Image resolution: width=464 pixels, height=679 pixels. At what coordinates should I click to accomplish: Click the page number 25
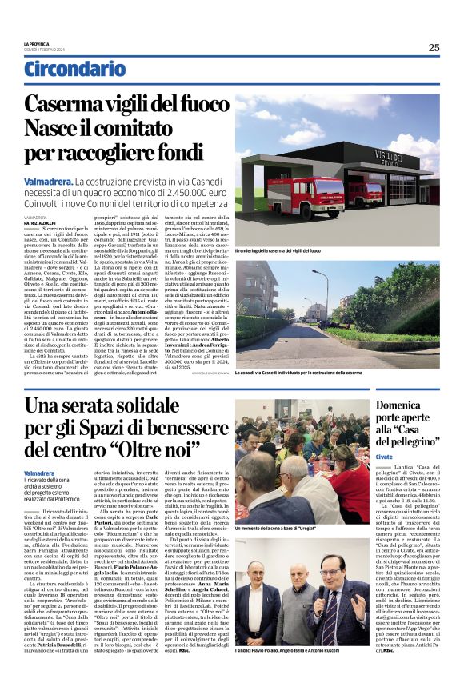[x=433, y=47]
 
